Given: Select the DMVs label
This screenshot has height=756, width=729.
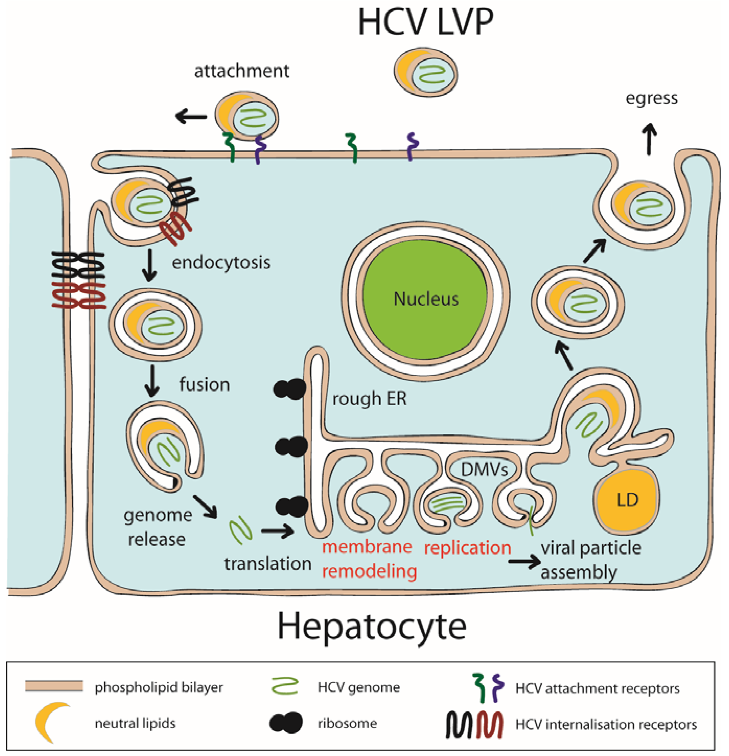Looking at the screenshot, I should coord(484,469).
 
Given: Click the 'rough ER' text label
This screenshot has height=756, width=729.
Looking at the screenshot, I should coord(369,399).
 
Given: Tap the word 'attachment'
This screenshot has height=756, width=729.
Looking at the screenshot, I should coord(242,71).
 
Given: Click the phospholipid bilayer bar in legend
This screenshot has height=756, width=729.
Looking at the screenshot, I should coord(54,686).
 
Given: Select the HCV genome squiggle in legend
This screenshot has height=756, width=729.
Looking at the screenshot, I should coord(285,687).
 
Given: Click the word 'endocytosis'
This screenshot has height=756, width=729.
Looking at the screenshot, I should coord(221,263).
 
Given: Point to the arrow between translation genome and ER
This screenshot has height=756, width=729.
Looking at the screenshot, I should coord(277,531).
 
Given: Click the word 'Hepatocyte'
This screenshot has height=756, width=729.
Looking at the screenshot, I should coord(372,626).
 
